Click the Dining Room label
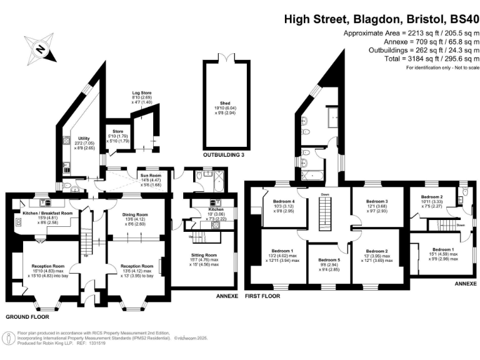[136, 213]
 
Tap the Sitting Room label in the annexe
[203, 255]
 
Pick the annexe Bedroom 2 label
[432, 197]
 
